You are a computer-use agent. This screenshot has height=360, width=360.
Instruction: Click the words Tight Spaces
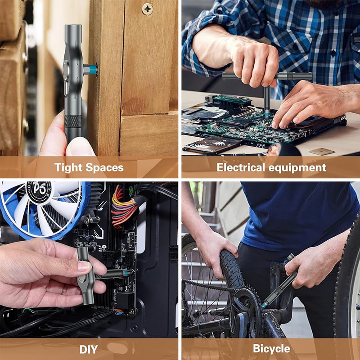(89, 168)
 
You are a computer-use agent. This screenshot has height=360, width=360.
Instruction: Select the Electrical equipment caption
(271, 168)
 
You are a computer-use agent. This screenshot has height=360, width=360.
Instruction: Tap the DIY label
(89, 349)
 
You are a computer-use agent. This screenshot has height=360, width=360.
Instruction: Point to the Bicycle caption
(271, 349)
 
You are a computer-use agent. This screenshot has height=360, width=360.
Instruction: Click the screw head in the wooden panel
(147, 9)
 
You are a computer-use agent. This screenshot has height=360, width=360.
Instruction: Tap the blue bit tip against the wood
(93, 69)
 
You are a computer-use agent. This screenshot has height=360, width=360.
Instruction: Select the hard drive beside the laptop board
(211, 145)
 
